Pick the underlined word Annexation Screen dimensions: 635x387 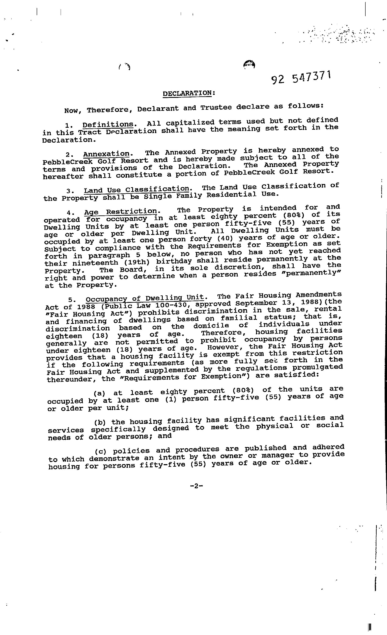[106, 154]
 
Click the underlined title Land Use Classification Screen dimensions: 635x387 [137, 190]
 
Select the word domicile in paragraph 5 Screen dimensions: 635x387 [211, 326]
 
